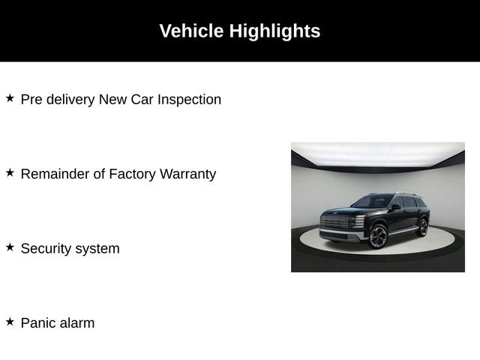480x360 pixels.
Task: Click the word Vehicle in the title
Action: click(191, 31)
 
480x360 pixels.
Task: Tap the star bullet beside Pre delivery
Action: click(10, 98)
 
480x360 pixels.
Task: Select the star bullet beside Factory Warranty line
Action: click(10, 172)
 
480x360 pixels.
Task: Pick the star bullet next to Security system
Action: click(10, 247)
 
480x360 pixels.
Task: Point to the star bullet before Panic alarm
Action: click(10, 322)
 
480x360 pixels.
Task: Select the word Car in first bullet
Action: click(140, 99)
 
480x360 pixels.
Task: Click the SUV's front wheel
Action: click(377, 236)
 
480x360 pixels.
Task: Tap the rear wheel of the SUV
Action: click(422, 226)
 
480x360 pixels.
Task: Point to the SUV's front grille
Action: click(334, 223)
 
